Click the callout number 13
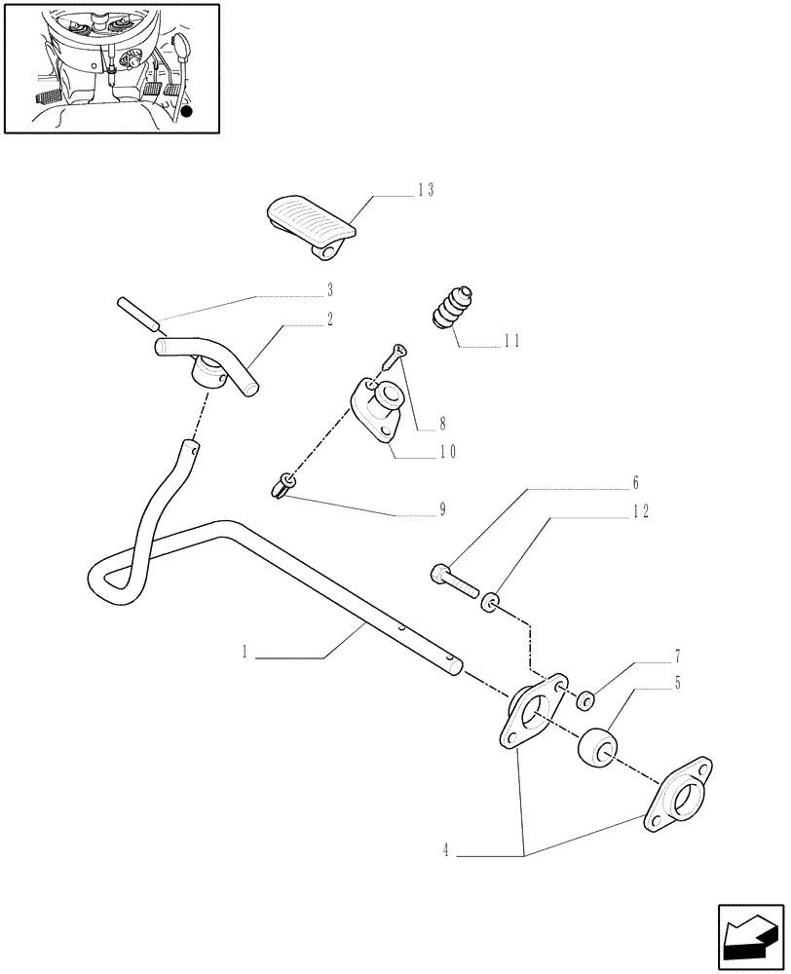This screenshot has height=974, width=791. click(x=425, y=190)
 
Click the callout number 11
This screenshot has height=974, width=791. click(x=512, y=342)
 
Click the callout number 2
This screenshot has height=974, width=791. click(x=330, y=318)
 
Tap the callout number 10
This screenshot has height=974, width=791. click(x=448, y=451)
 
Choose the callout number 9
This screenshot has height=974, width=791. click(x=442, y=508)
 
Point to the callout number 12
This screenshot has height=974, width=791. click(x=639, y=510)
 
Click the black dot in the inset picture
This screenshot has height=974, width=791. click(x=187, y=112)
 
